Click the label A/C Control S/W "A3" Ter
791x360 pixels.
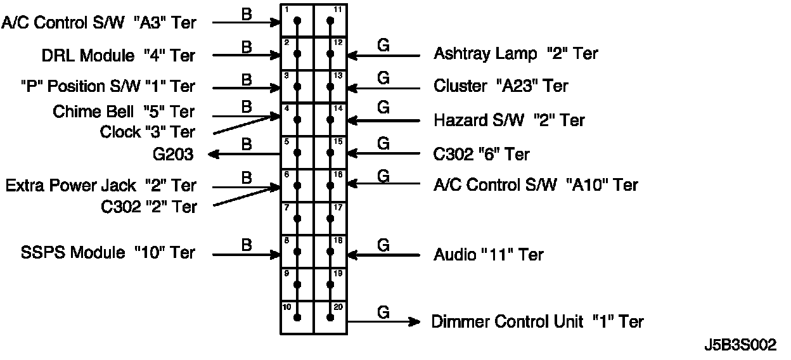(x=100, y=23)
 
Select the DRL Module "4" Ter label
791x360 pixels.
(x=119, y=56)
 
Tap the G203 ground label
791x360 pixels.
(x=173, y=155)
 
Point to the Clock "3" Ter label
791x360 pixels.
(x=148, y=132)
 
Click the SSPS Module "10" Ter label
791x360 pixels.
(x=108, y=253)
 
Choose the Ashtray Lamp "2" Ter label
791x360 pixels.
(x=515, y=54)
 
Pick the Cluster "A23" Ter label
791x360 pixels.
(x=501, y=86)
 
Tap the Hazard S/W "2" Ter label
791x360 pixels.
(x=509, y=120)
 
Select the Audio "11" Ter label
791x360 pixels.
(x=488, y=255)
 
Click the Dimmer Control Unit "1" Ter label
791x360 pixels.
(x=537, y=322)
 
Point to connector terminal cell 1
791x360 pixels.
(x=297, y=20)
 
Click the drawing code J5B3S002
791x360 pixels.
(x=740, y=345)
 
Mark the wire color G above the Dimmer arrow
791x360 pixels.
(x=383, y=312)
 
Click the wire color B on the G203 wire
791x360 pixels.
(x=247, y=144)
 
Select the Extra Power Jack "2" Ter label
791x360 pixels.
(x=101, y=186)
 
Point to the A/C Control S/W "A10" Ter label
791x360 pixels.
(x=536, y=185)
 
